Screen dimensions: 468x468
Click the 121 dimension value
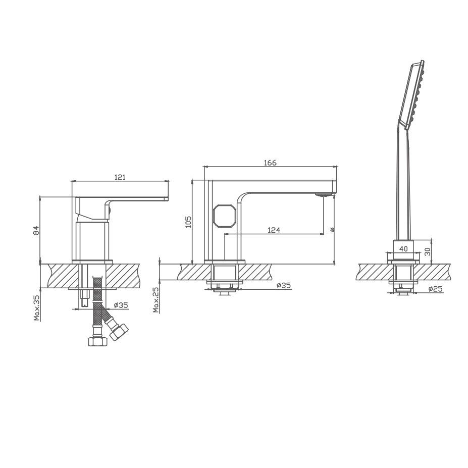(x=120, y=177)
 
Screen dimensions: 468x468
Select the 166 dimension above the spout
(x=270, y=163)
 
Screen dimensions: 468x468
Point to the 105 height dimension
(x=188, y=222)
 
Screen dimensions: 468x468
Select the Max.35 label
(x=37, y=307)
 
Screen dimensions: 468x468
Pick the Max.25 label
(x=155, y=300)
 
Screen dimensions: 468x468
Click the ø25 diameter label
(x=436, y=289)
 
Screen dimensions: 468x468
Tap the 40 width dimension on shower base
(x=403, y=248)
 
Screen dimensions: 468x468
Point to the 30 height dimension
(x=428, y=251)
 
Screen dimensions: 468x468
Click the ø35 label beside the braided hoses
(x=121, y=305)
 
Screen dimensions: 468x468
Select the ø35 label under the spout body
(x=284, y=285)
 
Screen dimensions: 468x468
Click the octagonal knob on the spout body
(x=223, y=216)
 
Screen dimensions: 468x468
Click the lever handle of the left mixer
(x=121, y=197)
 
